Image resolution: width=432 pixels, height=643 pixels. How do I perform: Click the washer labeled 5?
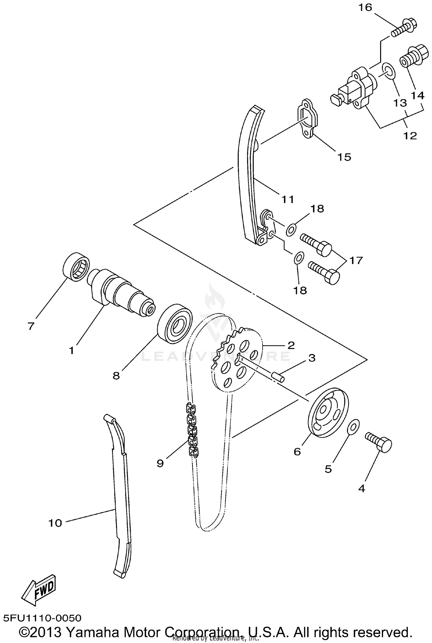[352, 428]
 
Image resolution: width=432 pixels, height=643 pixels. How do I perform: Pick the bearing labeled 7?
[76, 267]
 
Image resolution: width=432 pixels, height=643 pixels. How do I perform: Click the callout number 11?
[288, 199]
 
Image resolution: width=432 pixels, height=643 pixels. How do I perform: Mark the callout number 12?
[410, 135]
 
